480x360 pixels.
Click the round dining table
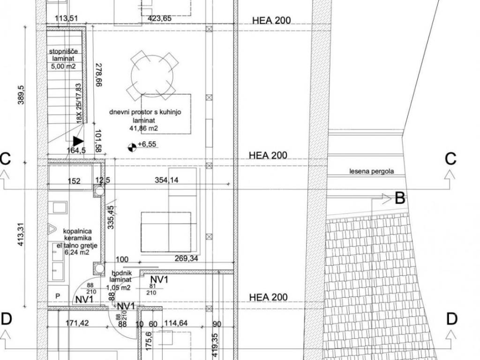[x=152, y=76]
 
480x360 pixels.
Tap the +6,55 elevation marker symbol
[x=132, y=148]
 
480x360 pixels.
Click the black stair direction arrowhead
[x=78, y=142]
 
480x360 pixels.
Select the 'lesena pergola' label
[x=372, y=172]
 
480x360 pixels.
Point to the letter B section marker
[x=400, y=198]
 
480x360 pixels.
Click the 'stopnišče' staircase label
[x=63, y=51]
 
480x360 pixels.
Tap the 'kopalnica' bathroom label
[x=77, y=232]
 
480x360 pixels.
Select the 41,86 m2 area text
[x=143, y=128]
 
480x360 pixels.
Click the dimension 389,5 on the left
[x=21, y=95]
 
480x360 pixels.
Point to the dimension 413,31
[x=21, y=233]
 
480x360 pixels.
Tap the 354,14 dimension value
[x=166, y=180]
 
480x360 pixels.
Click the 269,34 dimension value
[x=187, y=259]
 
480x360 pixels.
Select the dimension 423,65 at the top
[x=159, y=18]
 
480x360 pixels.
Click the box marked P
[x=58, y=296]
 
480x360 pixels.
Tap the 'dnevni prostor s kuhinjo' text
[x=145, y=112]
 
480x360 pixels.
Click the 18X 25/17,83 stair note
[x=79, y=104]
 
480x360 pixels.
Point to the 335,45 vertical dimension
[x=111, y=217]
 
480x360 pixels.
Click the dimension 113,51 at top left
[x=66, y=18]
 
